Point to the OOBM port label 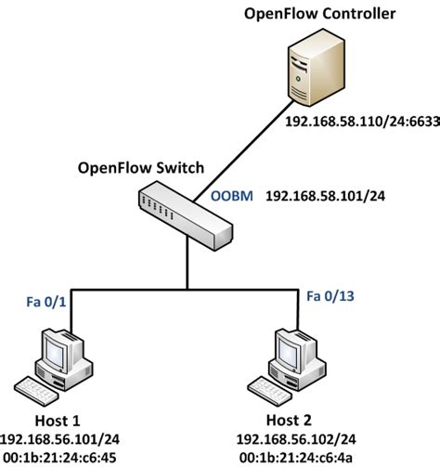click(229, 197)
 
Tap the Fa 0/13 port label click(331, 296)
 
